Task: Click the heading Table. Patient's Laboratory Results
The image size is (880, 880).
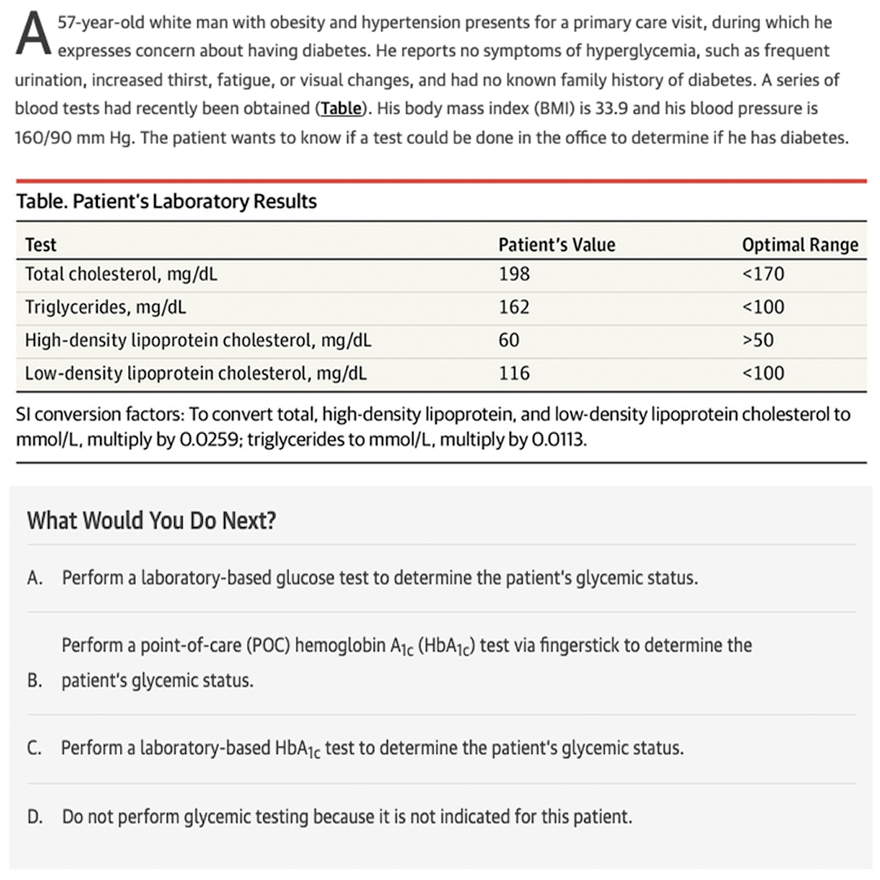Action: point(166,201)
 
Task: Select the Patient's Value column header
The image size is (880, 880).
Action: point(557,244)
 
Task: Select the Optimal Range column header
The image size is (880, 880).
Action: point(799,244)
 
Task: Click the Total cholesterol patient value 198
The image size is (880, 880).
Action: point(514,275)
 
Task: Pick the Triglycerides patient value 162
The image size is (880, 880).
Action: point(514,307)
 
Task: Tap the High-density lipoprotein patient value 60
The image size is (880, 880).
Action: point(509,340)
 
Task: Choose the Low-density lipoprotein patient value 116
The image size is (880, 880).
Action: point(514,373)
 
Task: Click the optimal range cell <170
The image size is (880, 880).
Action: point(763,275)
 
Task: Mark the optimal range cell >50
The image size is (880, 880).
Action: point(758,340)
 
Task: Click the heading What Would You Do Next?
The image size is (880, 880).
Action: point(152,521)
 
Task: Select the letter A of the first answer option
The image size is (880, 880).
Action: point(34,579)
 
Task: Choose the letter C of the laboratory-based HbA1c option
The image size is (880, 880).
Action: point(34,748)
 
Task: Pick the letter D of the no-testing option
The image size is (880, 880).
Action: point(34,816)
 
